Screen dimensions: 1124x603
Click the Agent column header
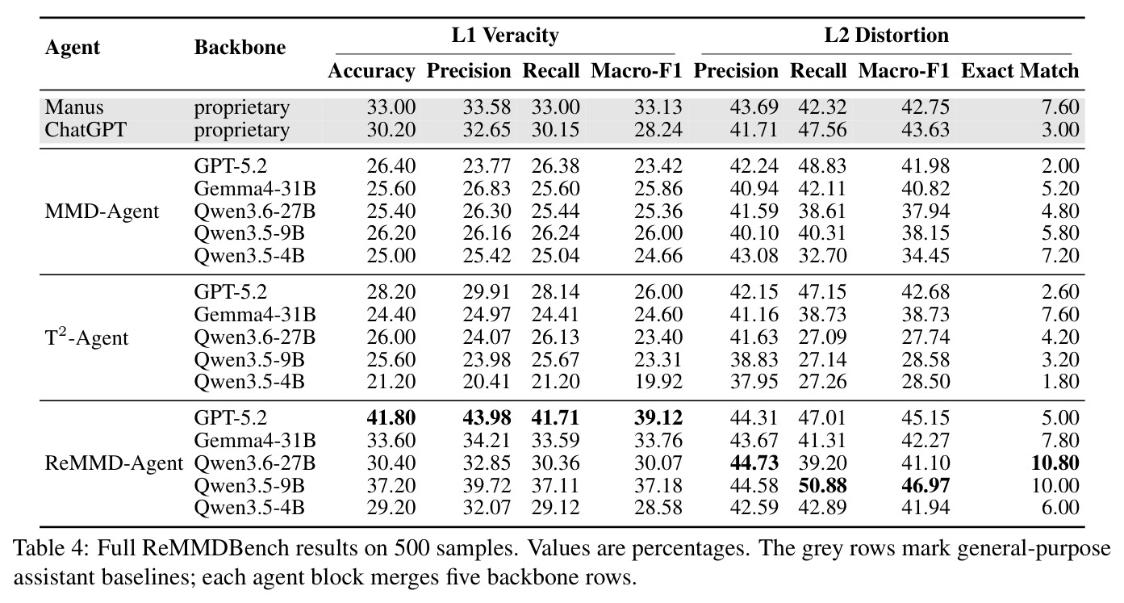click(x=73, y=48)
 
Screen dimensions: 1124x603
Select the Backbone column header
click(x=240, y=47)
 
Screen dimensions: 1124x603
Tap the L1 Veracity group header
click(x=505, y=36)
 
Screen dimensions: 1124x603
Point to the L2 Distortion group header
click(x=887, y=36)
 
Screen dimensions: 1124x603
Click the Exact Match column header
click(x=1020, y=70)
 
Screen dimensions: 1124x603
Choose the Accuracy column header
click(x=371, y=71)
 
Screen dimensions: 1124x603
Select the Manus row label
click(x=74, y=107)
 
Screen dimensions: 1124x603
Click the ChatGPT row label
click(x=86, y=129)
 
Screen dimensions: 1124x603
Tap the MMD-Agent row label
click(x=102, y=211)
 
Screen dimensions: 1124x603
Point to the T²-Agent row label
click(x=86, y=337)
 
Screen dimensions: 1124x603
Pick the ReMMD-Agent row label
click(x=114, y=463)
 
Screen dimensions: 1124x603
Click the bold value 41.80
click(x=391, y=417)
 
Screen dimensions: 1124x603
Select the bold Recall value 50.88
click(x=822, y=485)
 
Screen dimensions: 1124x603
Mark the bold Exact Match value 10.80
click(x=1055, y=463)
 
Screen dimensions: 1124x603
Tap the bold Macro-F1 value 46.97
click(x=926, y=485)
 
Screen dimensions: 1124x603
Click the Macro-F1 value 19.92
click(x=658, y=382)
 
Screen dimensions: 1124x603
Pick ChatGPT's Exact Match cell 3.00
click(x=1060, y=129)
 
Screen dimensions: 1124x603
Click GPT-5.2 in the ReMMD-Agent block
click(x=230, y=417)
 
